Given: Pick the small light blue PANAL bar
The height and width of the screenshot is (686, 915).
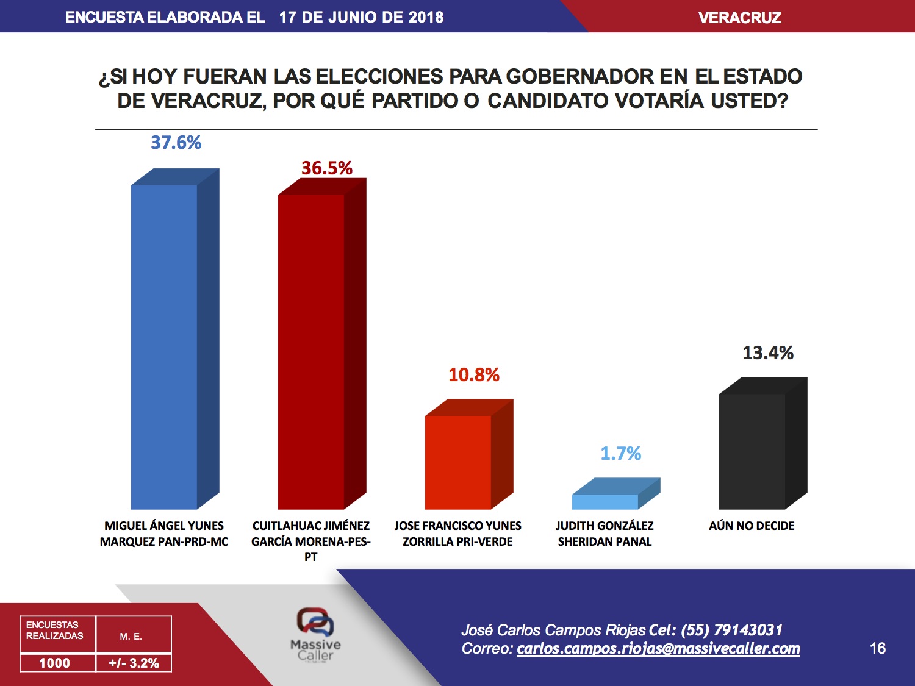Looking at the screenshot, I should (605, 501).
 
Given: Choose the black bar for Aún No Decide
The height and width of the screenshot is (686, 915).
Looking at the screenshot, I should (752, 451).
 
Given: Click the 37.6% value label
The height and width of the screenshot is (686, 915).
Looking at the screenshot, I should (176, 143).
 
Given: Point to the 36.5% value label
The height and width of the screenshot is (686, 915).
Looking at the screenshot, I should (327, 168).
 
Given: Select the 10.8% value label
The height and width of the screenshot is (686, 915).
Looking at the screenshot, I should (474, 375).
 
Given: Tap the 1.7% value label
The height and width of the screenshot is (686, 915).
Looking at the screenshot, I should (620, 454).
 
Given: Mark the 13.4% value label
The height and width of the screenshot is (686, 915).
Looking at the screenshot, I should (768, 353).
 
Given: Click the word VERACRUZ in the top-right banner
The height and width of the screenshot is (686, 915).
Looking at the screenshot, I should (739, 18).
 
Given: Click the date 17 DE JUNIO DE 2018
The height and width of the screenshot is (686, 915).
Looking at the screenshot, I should (361, 17).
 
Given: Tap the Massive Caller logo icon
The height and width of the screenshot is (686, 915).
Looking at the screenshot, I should (315, 622).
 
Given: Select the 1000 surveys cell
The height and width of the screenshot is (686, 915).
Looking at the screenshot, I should (55, 663).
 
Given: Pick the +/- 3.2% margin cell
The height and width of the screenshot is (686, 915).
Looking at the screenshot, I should (134, 663).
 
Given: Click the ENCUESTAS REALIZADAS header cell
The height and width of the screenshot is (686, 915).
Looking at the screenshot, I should (55, 631).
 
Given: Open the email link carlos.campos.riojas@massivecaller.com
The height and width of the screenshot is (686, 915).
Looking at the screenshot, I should (658, 649).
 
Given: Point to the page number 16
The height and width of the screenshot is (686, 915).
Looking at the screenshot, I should (878, 648).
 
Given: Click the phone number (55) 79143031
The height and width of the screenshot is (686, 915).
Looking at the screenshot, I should (731, 630).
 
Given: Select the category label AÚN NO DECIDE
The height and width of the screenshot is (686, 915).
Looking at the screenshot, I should (752, 526).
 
